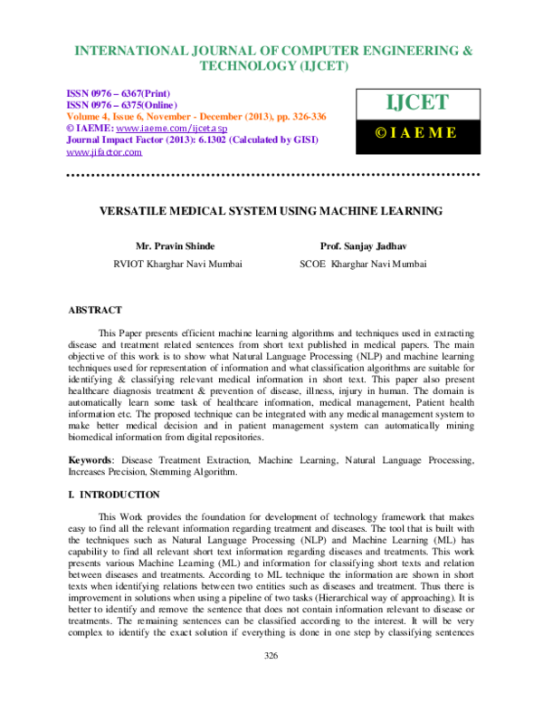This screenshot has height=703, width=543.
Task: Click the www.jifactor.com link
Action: click(104, 152)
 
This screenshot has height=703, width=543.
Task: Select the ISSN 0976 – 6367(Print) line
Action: click(119, 94)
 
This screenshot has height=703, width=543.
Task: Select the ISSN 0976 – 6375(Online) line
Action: click(122, 106)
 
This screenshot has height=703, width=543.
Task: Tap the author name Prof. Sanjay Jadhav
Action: click(364, 246)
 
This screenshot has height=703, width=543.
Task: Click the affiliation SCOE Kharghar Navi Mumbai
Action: click(364, 265)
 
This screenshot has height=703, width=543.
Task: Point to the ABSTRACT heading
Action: click(95, 310)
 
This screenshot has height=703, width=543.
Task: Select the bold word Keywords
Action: click(93, 461)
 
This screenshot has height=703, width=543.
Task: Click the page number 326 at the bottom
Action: click(271, 679)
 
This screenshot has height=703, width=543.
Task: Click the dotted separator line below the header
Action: click(271, 171)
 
